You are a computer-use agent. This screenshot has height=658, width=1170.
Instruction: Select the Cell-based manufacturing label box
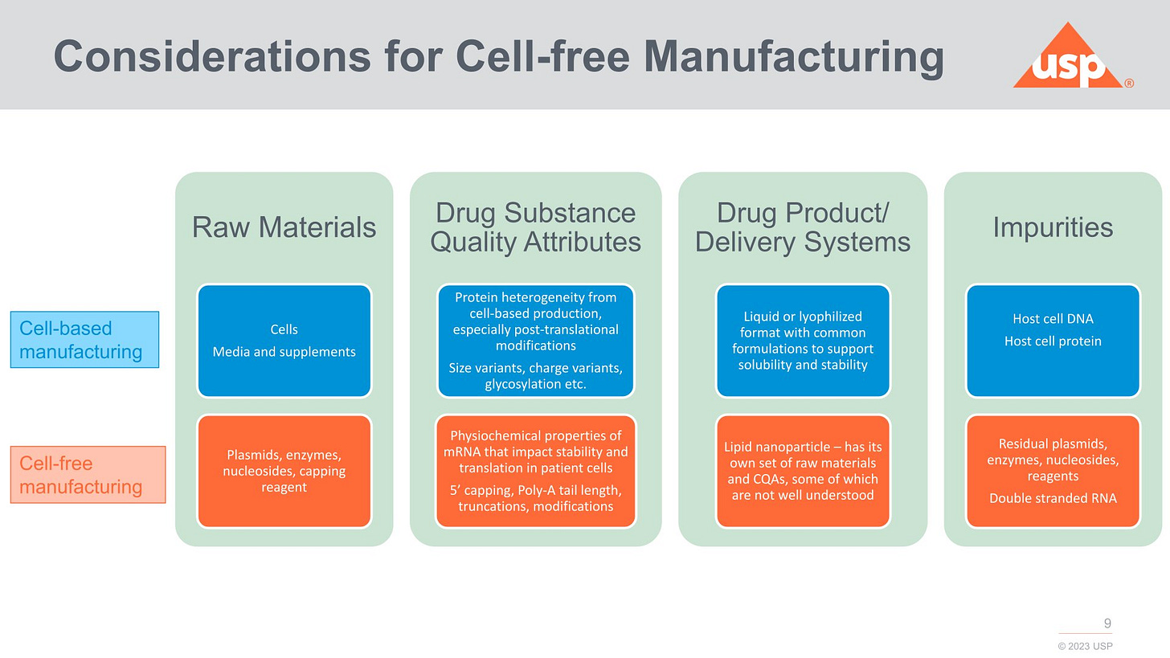click(x=84, y=340)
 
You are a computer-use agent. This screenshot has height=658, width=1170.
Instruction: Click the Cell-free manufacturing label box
click(x=88, y=475)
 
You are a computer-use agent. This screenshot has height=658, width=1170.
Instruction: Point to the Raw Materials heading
click(x=284, y=227)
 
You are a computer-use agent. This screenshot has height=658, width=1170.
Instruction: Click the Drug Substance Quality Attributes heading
click(x=535, y=227)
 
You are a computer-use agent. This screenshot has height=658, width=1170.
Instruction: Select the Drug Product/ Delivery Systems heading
click(x=802, y=227)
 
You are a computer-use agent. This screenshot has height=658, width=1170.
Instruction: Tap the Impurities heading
click(x=1053, y=227)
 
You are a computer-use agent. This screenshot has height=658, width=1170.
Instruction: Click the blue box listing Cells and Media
click(x=284, y=341)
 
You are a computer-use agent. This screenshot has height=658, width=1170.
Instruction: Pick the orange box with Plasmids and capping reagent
click(x=284, y=472)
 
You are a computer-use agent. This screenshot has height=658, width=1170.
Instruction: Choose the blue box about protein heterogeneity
click(x=535, y=341)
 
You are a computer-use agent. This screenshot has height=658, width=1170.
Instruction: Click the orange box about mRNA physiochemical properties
click(x=535, y=472)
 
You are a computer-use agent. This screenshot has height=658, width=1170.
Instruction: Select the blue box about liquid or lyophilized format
click(x=802, y=341)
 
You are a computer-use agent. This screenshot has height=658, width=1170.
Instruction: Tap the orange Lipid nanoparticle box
click(x=802, y=472)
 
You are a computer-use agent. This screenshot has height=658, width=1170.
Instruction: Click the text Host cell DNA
click(x=1053, y=319)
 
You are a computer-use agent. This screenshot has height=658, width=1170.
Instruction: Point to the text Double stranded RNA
click(x=1053, y=498)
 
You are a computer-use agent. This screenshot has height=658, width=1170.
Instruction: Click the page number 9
click(x=1107, y=623)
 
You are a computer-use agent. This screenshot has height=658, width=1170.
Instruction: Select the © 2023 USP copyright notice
click(x=1085, y=646)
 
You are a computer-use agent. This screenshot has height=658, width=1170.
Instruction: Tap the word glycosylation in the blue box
click(x=514, y=384)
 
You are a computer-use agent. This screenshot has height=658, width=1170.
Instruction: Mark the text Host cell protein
click(x=1053, y=341)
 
